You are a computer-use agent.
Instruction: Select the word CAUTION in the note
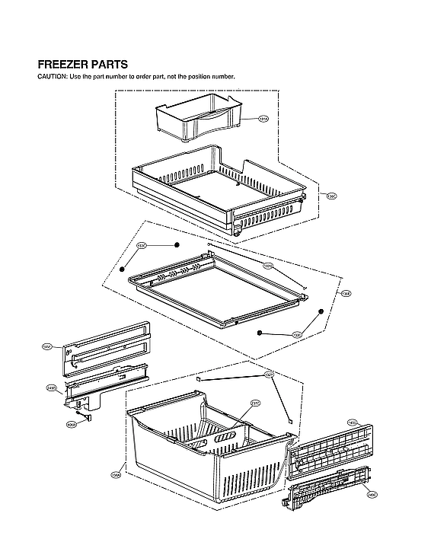(52, 77)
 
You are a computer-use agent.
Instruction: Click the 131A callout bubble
(263, 120)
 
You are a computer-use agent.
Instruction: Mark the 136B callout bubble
(346, 294)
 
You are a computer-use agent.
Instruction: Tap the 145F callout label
(47, 346)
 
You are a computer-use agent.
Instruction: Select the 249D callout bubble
(51, 387)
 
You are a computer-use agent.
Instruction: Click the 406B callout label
(71, 425)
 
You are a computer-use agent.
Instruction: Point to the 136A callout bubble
(116, 477)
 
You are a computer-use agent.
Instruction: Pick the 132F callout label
(269, 375)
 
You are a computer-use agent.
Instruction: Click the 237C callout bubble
(255, 403)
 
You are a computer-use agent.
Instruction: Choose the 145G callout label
(352, 422)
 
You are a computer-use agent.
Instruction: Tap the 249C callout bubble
(372, 495)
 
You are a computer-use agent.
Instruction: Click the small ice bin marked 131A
(190, 120)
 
